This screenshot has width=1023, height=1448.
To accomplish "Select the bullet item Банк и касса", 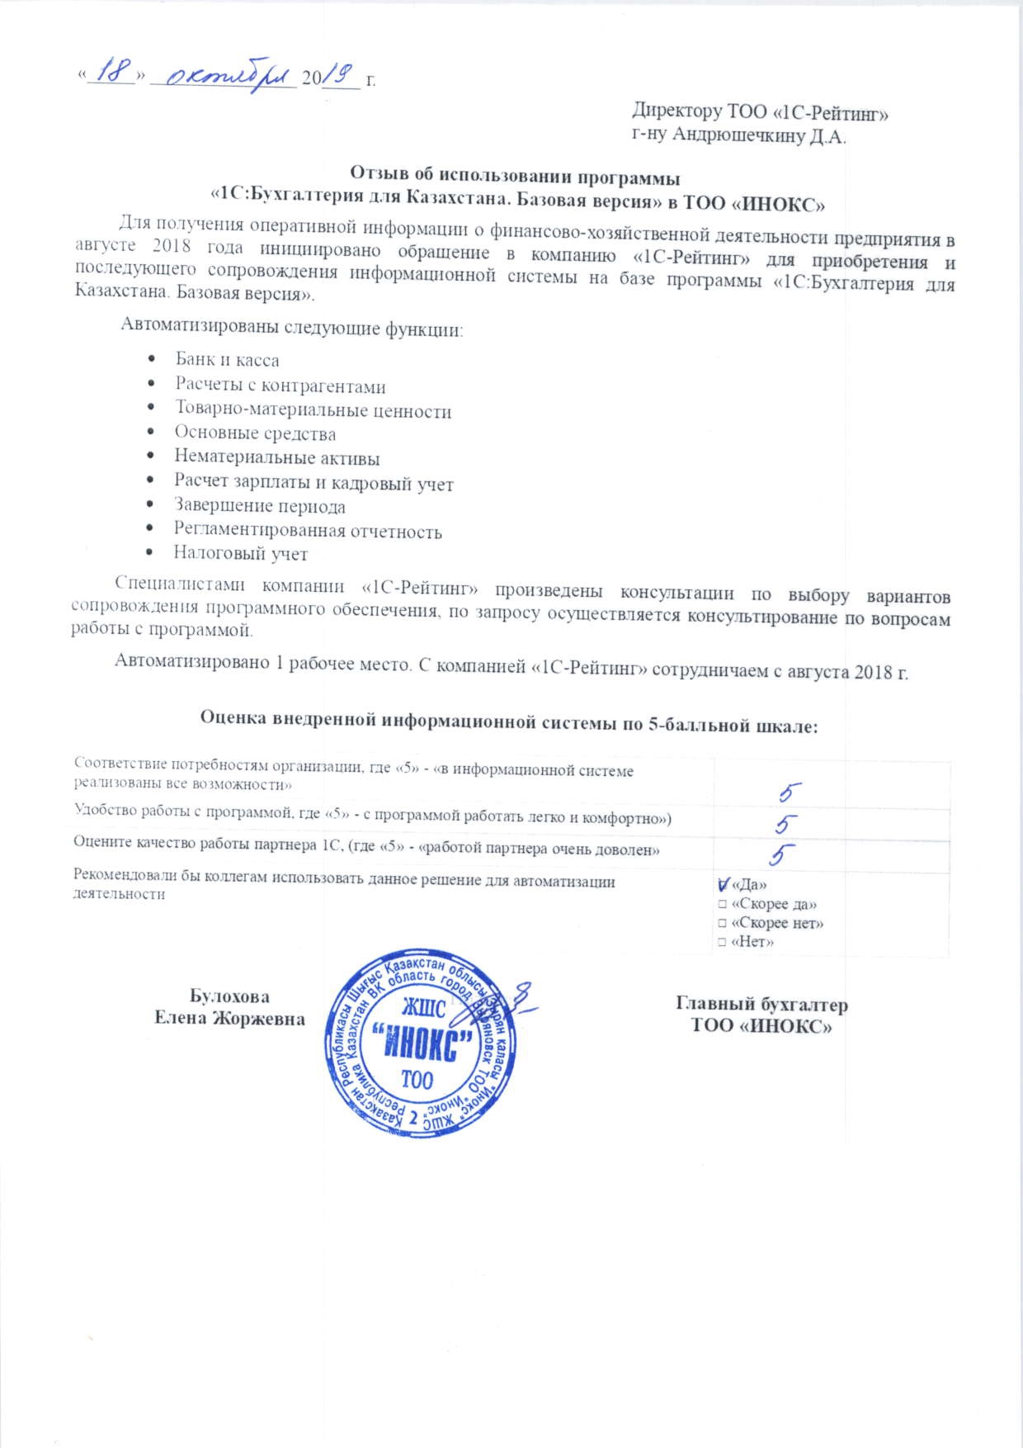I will [227, 360].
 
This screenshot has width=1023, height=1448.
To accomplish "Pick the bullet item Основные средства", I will [255, 433].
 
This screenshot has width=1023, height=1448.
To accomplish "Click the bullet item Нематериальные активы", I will [276, 457].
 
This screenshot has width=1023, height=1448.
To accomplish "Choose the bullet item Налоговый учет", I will [240, 553].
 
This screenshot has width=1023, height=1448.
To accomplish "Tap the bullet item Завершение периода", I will [259, 506].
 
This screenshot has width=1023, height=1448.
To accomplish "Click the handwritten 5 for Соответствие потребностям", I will [790, 793].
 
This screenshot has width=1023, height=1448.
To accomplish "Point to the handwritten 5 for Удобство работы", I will [785, 824].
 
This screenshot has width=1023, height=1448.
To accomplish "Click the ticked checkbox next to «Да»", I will [723, 884].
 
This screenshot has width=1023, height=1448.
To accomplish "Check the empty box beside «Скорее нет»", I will [722, 924].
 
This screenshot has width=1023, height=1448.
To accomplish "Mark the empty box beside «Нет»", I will [722, 942].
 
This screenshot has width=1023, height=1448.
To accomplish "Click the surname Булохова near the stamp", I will [229, 996].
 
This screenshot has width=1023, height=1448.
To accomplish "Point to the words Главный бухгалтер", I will [761, 1005].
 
